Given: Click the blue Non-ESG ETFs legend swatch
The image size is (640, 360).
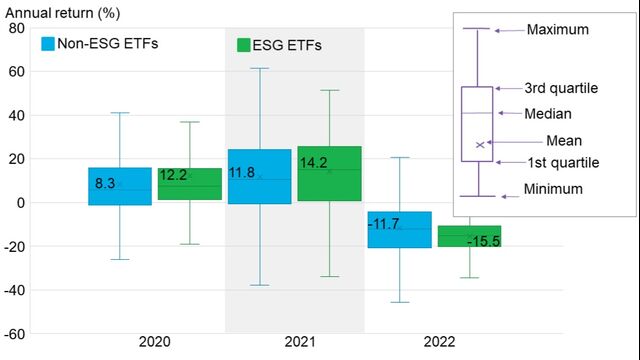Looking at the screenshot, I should [49, 44].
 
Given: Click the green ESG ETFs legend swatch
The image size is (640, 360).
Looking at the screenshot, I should [243, 46].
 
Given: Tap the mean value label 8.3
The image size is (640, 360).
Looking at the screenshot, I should [106, 184].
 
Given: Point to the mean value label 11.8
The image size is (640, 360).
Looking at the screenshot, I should [243, 173].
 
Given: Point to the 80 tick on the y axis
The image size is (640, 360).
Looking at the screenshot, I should [17, 28].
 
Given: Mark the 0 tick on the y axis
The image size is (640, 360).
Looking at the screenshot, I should [21, 203].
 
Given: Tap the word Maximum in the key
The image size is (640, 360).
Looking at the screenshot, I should [557, 30].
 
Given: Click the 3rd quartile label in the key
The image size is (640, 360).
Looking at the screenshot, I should [560, 88].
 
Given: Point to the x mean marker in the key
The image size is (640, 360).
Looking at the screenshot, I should [480, 145].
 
